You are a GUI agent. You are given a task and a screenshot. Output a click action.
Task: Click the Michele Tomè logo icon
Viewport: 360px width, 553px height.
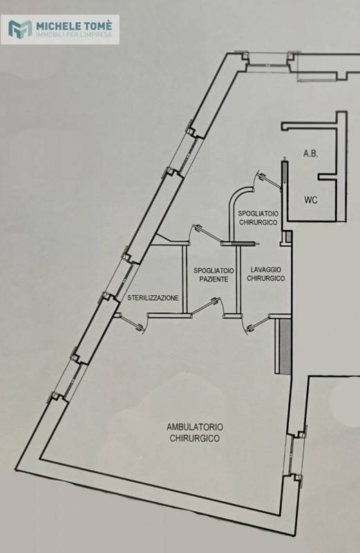coord(20,29)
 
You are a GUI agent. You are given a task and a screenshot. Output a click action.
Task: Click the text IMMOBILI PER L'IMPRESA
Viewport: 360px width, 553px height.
coord(75,35)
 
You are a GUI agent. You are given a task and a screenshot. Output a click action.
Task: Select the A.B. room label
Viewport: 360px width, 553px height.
coord(311,153)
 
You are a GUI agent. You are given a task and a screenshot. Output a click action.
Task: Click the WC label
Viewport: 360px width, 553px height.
coord(311,200)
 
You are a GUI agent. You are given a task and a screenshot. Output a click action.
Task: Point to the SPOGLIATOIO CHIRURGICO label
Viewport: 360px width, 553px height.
coord(258,218)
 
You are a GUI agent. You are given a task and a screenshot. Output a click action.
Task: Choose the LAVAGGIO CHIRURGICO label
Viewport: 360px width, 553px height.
coord(266,274)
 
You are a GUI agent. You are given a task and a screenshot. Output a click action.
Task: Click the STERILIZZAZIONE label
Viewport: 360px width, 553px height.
coord(153,298)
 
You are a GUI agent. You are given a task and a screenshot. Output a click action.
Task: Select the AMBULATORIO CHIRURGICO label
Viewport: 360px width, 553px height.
coord(195,433)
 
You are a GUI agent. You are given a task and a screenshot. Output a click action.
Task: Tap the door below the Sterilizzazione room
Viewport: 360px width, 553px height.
coord(131,322)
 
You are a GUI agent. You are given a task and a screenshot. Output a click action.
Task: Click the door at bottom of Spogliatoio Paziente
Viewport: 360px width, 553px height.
coord(208,306)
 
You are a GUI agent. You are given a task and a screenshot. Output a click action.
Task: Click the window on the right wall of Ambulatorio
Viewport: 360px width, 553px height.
coord(295,454)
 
